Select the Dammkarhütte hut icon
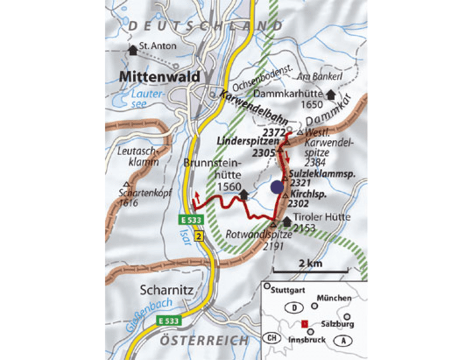(330, 94)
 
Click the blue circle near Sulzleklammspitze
(276, 187)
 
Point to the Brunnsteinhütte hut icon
(243, 196)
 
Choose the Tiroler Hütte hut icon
(288, 221)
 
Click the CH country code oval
(271, 337)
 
